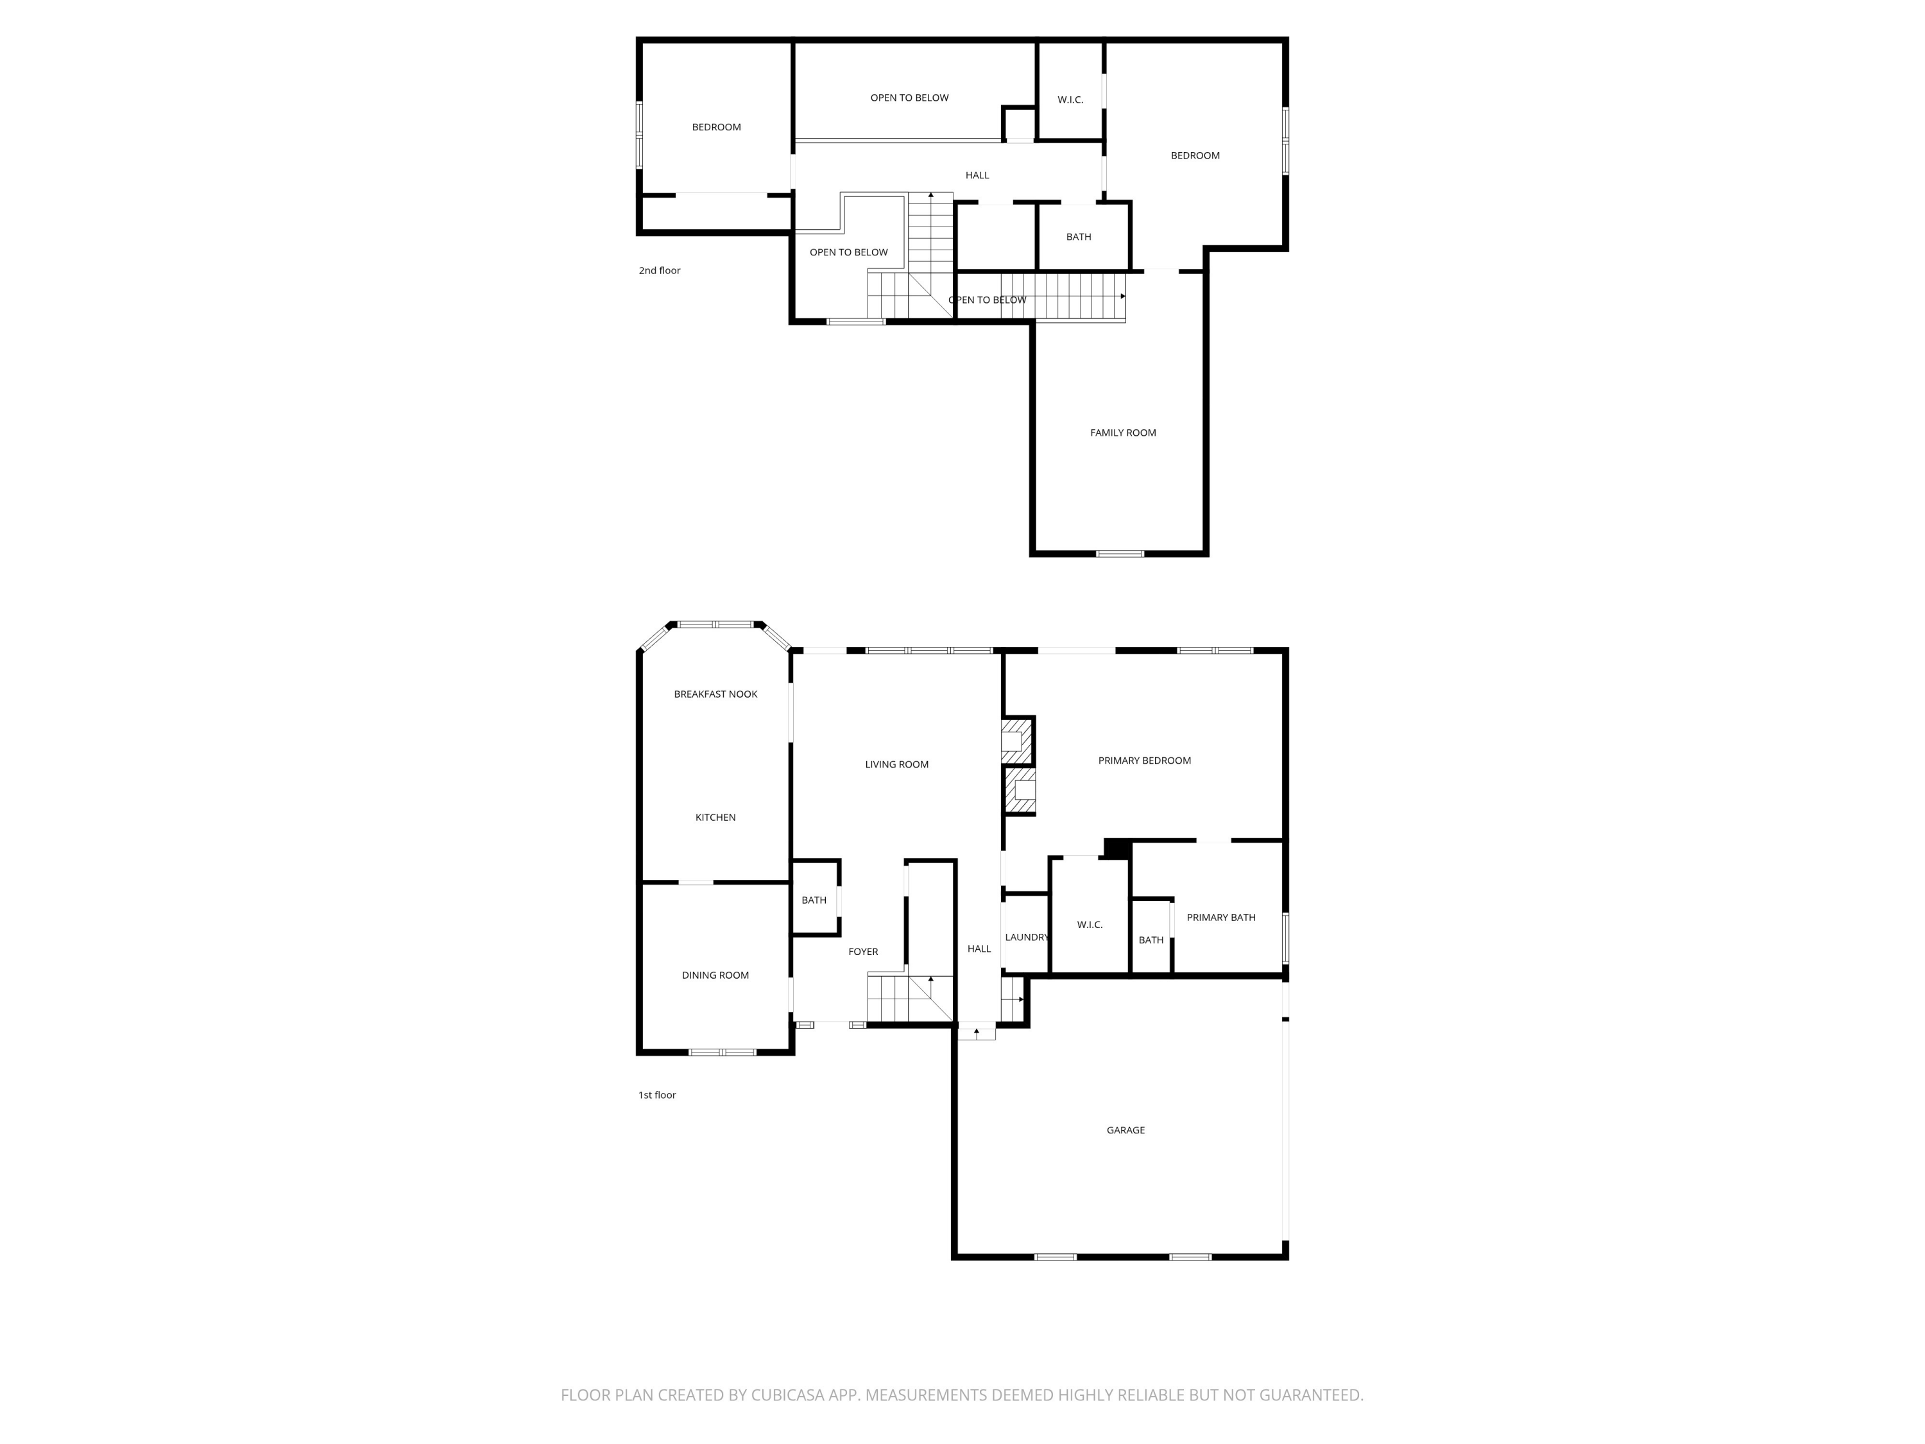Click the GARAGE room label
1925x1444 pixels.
1125,1130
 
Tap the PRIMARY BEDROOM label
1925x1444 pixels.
1144,761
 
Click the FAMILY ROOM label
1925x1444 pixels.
1123,433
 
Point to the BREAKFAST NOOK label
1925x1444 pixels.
715,694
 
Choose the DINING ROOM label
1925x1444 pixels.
715,975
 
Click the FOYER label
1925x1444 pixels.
863,951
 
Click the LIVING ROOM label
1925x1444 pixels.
896,764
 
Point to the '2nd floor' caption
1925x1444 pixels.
660,271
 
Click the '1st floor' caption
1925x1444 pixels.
657,1095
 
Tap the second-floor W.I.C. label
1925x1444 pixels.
1070,100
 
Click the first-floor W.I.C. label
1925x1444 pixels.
1090,924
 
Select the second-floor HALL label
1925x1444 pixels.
977,175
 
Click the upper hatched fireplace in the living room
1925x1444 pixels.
1016,740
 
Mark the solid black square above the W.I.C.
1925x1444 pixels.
1116,848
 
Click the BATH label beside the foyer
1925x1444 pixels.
814,900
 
